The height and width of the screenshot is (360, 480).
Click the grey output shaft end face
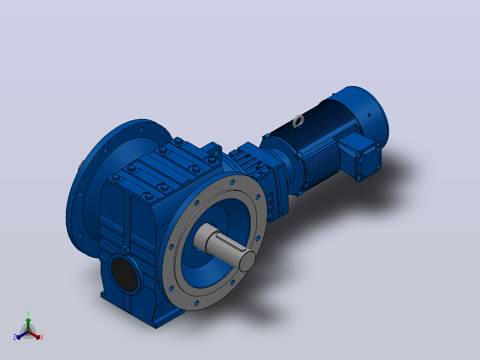[x=247, y=262]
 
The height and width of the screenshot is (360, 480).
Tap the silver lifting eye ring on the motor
[x=298, y=121]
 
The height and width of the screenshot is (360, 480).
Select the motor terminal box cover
[x=369, y=162]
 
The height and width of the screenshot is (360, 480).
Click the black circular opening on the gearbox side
[x=124, y=274]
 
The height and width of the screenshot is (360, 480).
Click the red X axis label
[x=42, y=337]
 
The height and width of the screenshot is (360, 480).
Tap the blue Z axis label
[x=14, y=337]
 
